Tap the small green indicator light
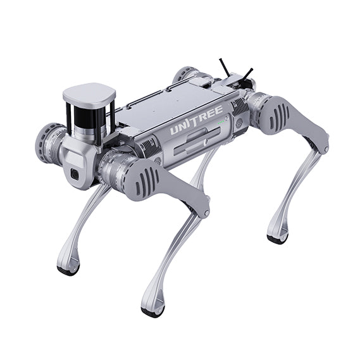221,117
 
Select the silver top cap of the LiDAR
89,93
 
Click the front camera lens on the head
74,175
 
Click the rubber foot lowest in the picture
152,311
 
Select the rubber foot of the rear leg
276,239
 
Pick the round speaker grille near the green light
239,124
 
